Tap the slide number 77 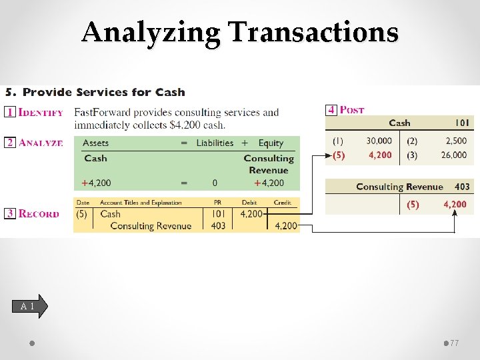click(x=455, y=343)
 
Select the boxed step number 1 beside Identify click(x=10, y=111)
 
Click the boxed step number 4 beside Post click(x=331, y=109)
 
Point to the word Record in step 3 click(x=39, y=214)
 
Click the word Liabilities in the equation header click(x=215, y=143)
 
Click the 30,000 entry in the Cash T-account click(x=379, y=141)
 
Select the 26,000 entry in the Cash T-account click(x=454, y=155)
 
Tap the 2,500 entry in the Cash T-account click(x=457, y=141)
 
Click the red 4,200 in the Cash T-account click(x=380, y=155)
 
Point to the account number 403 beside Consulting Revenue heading click(x=462, y=187)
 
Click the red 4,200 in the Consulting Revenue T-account click(x=455, y=205)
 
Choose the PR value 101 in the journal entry click(x=218, y=214)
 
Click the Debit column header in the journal click(x=250, y=202)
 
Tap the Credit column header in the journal click(x=282, y=202)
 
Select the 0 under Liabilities click(x=215, y=183)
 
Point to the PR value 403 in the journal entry click(x=218, y=226)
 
